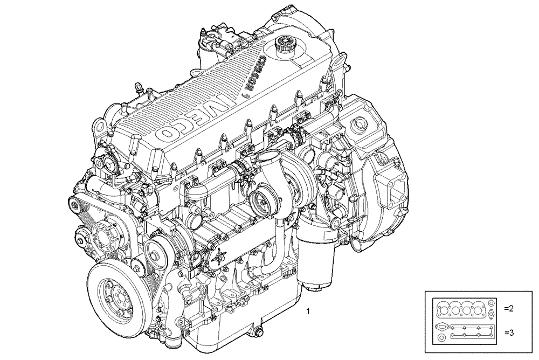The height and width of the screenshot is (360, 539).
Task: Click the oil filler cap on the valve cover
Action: click(x=285, y=44)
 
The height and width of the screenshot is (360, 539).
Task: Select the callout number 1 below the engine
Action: click(x=308, y=311)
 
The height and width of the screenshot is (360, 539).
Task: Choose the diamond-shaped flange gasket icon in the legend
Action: click(x=441, y=327)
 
